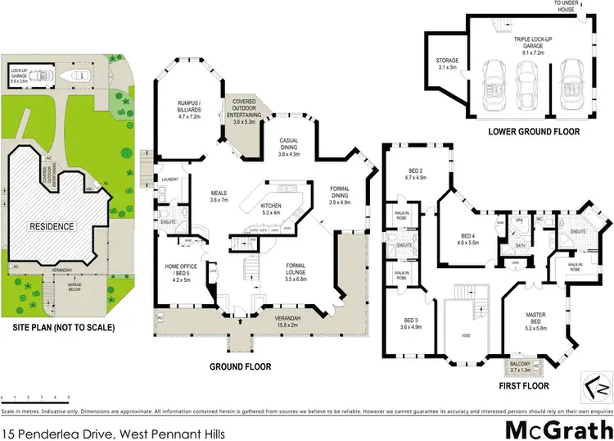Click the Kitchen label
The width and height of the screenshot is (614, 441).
[x=270, y=208]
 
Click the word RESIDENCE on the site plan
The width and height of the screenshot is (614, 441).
[x=52, y=225]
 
